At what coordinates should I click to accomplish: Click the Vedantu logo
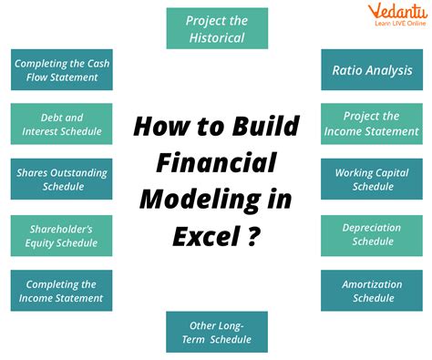click(x=398, y=15)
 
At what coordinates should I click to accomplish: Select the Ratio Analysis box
click(x=372, y=69)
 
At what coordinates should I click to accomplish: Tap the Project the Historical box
click(x=217, y=28)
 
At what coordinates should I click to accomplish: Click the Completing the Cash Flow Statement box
click(x=62, y=69)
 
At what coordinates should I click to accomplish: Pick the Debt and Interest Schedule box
click(x=61, y=124)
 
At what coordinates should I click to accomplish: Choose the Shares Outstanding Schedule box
click(x=61, y=179)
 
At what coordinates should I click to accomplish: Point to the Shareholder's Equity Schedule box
click(x=61, y=236)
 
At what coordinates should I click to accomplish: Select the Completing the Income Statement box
click(x=61, y=291)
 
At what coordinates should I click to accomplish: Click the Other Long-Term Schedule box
click(x=217, y=332)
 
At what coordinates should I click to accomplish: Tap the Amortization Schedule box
click(x=372, y=291)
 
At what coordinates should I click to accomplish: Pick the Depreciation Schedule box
click(x=372, y=236)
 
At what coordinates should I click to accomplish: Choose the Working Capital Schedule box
click(x=372, y=179)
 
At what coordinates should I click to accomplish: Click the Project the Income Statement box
click(x=372, y=124)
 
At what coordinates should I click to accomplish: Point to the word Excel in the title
click(x=207, y=236)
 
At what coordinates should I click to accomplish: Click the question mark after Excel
click(x=253, y=236)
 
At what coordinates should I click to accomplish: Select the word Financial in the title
click(x=216, y=162)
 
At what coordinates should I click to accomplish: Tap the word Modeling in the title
click(x=201, y=201)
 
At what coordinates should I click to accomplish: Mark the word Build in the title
click(x=266, y=126)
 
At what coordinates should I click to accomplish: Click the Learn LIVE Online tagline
click(x=400, y=24)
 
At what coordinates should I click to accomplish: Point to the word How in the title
click(x=161, y=126)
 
